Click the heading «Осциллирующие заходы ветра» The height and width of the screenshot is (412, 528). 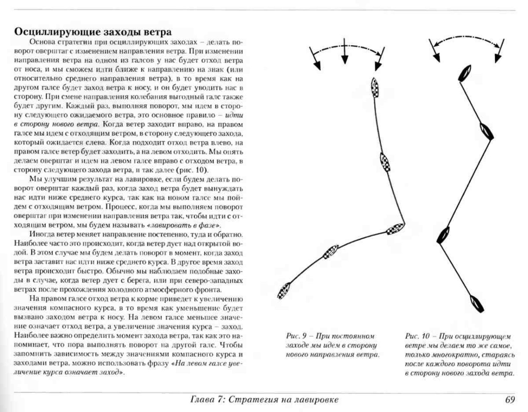[x=93, y=32]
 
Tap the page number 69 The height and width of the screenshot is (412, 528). [x=510, y=399]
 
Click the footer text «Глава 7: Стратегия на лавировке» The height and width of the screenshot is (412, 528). [x=264, y=399]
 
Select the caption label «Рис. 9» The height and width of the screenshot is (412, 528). [x=296, y=336]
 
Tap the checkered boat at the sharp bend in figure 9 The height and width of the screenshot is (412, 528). [x=395, y=229]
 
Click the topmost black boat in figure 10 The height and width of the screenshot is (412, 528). [x=464, y=73]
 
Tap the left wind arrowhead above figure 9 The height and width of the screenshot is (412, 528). [x=318, y=65]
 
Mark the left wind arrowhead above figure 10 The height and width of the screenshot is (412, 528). [x=437, y=57]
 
